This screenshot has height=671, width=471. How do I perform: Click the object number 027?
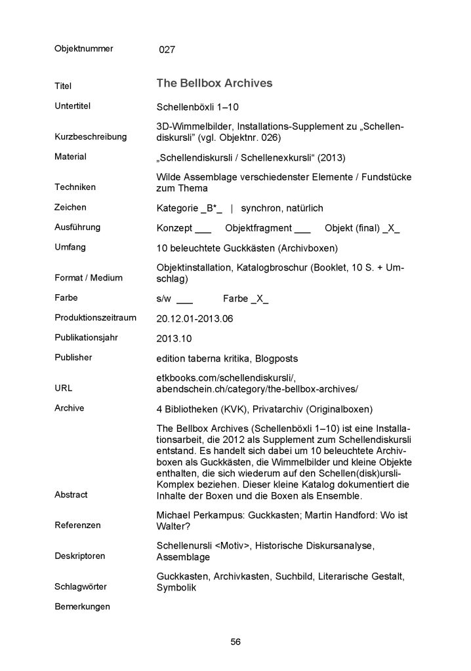(167, 49)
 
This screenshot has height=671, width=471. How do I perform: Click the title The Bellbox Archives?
(214, 83)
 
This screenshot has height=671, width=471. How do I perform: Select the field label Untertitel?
(72, 105)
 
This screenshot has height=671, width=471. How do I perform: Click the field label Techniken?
(75, 187)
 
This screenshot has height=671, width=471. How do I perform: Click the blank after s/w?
(185, 299)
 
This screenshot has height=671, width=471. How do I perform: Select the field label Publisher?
(73, 357)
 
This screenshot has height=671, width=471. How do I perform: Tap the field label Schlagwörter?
(81, 585)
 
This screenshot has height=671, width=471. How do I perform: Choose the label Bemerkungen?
(82, 606)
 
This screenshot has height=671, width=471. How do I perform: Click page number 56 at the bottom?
(235, 642)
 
